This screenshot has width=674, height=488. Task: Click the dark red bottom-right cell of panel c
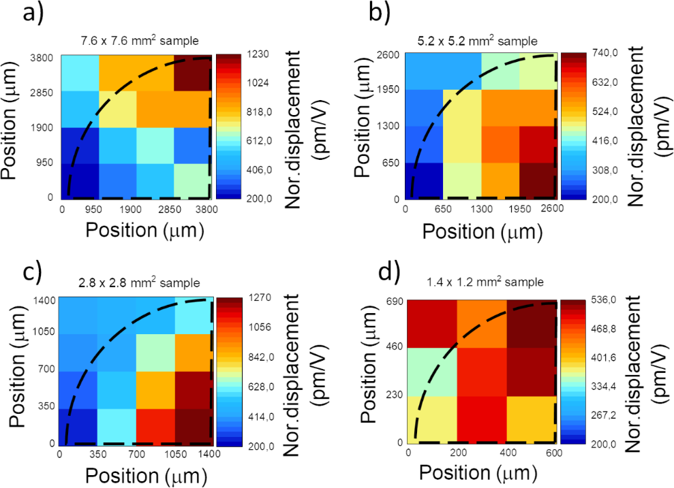tap(193, 426)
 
